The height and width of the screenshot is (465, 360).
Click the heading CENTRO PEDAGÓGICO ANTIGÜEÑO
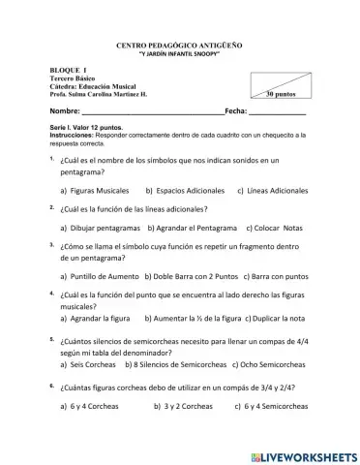[x=179, y=46]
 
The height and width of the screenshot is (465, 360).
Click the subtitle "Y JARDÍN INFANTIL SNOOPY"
[x=179, y=54]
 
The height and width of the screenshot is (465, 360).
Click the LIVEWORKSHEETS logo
[x=303, y=455]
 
